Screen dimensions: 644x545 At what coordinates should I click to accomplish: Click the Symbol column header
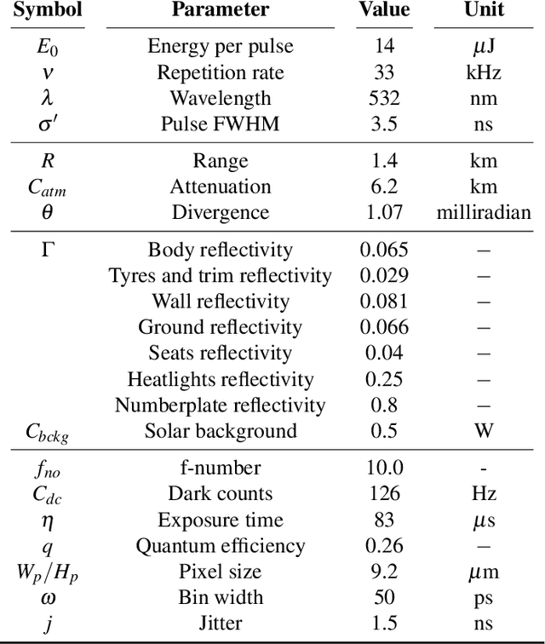(47, 10)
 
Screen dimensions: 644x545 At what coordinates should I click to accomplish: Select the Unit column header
(484, 10)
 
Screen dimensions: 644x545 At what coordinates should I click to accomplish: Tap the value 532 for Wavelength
(383, 98)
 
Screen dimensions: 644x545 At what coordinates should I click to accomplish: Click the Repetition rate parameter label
(221, 72)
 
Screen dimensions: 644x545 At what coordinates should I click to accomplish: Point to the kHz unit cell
(484, 72)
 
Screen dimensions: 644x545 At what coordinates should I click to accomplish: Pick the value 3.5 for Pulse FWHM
(383, 124)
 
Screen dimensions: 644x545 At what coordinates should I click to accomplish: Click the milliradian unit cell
(484, 213)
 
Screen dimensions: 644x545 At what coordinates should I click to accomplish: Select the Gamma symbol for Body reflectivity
(47, 250)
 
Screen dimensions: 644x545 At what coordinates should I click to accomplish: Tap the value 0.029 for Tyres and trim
(383, 275)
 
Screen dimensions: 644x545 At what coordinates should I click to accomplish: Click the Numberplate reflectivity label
(221, 405)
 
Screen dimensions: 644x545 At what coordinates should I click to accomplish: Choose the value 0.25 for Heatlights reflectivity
(383, 379)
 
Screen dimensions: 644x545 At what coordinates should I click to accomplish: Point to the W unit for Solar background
(484, 430)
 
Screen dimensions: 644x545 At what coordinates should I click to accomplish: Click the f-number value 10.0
(383, 468)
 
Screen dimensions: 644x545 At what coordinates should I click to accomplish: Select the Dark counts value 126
(383, 493)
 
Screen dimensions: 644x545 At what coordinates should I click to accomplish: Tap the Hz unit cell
(484, 493)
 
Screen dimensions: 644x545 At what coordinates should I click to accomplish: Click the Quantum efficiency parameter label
(221, 545)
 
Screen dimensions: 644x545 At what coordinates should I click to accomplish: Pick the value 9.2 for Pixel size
(383, 571)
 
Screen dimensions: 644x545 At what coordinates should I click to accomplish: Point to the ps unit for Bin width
(484, 597)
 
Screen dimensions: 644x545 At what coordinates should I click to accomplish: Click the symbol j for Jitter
(47, 624)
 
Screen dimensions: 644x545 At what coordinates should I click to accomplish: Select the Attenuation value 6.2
(383, 187)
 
